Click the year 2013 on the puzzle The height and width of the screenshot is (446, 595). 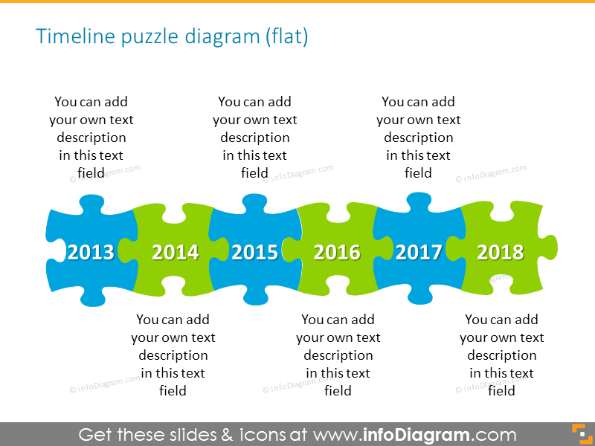[91, 253]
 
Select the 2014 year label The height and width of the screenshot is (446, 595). [176, 253]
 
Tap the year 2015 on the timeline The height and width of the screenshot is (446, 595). [255, 253]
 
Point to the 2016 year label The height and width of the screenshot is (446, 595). [337, 253]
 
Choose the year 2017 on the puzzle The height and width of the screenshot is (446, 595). [419, 253]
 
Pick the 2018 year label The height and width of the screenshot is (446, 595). [501, 253]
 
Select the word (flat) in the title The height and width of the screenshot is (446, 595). [286, 36]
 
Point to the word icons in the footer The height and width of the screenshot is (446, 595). [263, 434]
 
